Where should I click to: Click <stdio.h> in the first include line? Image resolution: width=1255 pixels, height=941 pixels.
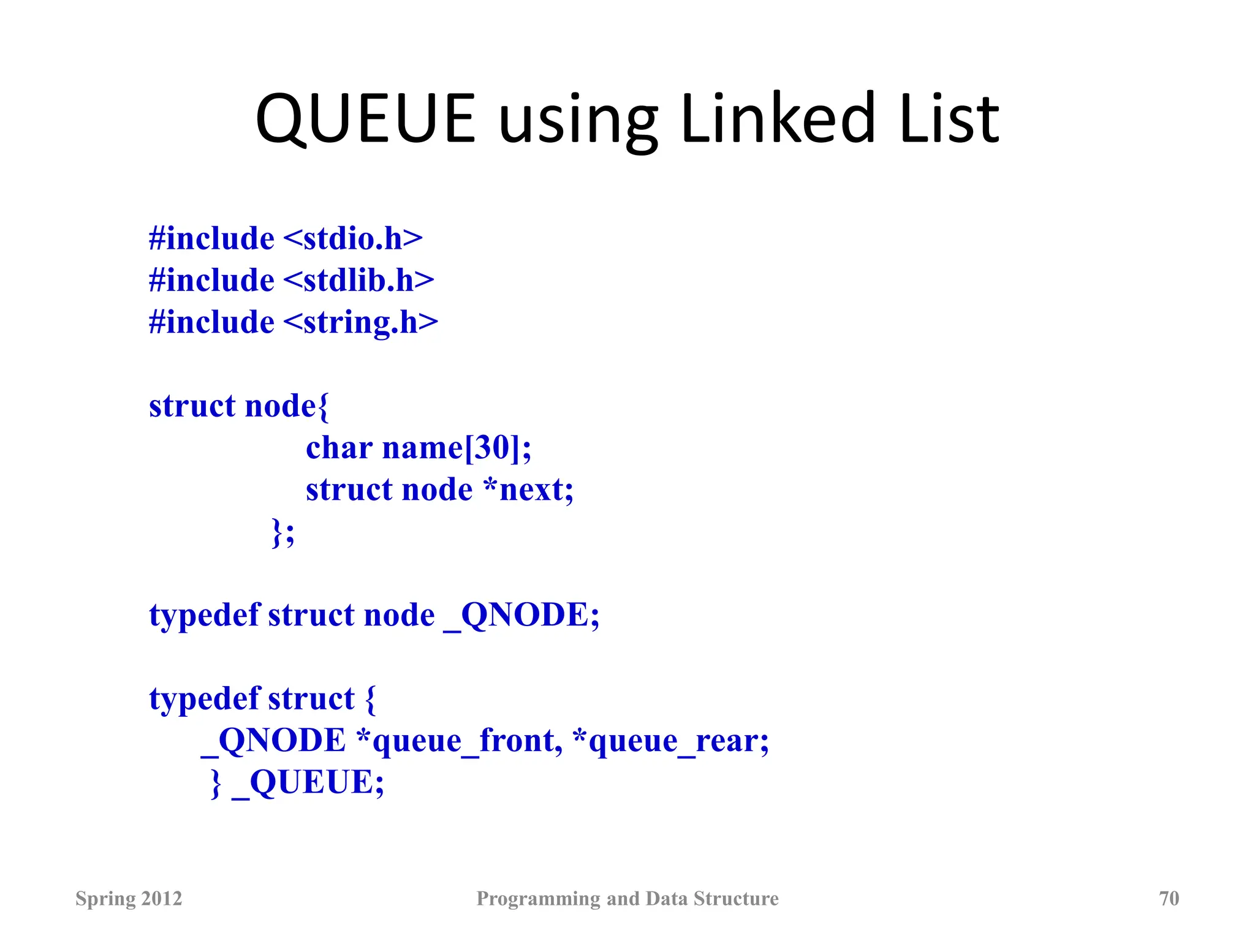click(x=353, y=238)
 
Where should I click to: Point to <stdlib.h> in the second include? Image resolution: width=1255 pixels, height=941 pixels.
click(x=358, y=281)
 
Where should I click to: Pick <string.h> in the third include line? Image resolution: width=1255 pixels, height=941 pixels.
click(x=361, y=323)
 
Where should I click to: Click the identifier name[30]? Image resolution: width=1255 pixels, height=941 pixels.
click(x=457, y=448)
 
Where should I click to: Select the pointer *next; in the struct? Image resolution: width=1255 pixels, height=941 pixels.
click(x=528, y=490)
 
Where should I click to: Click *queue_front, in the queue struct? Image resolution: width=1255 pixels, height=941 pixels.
click(x=459, y=741)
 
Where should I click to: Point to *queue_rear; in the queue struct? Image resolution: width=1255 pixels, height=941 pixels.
click(x=670, y=741)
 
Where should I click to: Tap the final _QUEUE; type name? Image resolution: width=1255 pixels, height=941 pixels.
click(x=308, y=782)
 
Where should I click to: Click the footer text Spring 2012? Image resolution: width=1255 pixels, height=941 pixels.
click(x=129, y=898)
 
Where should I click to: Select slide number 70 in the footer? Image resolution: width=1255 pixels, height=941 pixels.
click(x=1169, y=898)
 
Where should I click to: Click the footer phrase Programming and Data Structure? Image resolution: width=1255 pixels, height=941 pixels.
click(x=627, y=898)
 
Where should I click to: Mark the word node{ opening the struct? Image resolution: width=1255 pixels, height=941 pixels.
click(x=286, y=406)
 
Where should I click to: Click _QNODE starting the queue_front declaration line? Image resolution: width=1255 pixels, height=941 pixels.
click(x=273, y=741)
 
